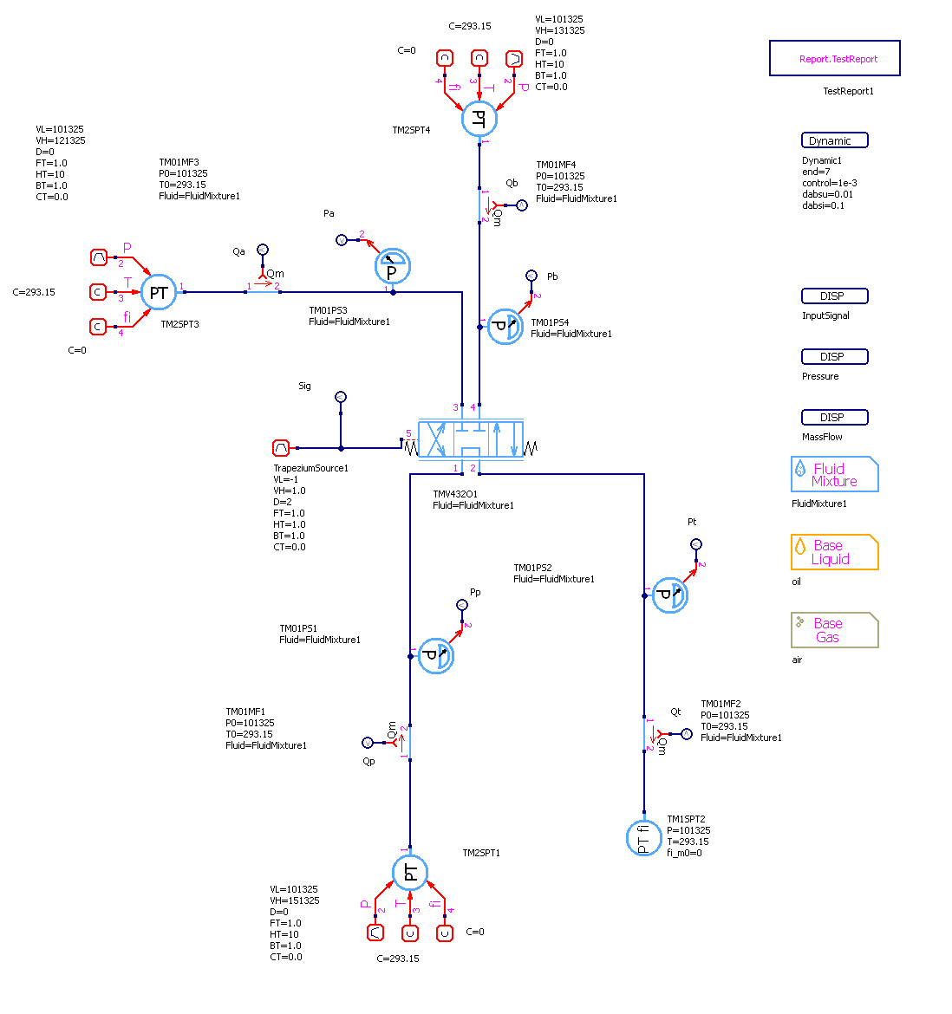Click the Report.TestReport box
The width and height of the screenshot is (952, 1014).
click(x=835, y=58)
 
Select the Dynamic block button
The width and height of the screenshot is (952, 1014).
click(x=834, y=140)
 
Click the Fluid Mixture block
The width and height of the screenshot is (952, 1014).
click(x=835, y=475)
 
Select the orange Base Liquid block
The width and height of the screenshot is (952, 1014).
click(x=835, y=552)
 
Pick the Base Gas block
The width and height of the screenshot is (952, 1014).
click(x=835, y=630)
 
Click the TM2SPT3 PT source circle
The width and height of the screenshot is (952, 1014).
click(x=159, y=293)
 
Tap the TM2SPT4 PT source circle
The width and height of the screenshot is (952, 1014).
click(x=479, y=119)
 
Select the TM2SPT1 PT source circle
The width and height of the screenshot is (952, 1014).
click(x=410, y=872)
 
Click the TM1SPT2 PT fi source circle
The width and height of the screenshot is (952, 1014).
click(x=643, y=838)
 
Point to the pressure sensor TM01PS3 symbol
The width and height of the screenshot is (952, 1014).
click(x=392, y=267)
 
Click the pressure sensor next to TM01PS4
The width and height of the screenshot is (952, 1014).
click(x=504, y=327)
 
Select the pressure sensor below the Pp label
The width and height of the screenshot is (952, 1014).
click(x=435, y=656)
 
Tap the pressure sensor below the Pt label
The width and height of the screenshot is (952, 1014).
click(x=669, y=595)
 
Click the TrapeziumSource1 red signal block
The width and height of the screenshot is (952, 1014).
click(x=281, y=448)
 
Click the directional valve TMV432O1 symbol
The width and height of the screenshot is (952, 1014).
click(x=471, y=440)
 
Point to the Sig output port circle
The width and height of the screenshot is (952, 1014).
click(x=341, y=397)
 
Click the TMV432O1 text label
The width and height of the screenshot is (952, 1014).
click(x=455, y=494)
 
